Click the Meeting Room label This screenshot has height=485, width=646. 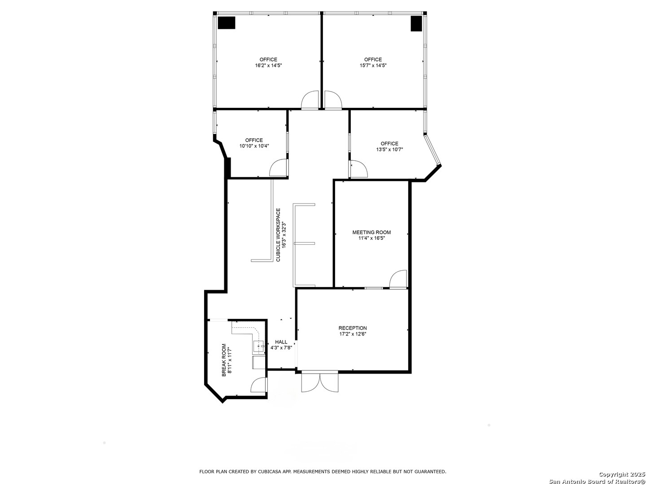pyautogui.click(x=371, y=232)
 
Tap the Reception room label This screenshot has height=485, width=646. pyautogui.click(x=353, y=328)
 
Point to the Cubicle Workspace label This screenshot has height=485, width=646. pyautogui.click(x=278, y=235)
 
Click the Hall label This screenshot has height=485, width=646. pyautogui.click(x=281, y=342)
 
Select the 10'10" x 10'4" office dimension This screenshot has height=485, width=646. pyautogui.click(x=254, y=146)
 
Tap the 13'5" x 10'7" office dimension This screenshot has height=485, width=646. pyautogui.click(x=389, y=150)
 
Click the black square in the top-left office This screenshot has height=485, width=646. pyautogui.click(x=227, y=23)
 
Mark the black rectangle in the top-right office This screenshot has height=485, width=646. pyautogui.click(x=416, y=24)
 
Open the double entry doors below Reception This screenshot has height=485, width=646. pyautogui.click(x=320, y=382)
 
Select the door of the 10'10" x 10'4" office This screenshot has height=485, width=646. pyautogui.click(x=278, y=168)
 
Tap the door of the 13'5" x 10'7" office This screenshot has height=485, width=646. pyautogui.click(x=358, y=169)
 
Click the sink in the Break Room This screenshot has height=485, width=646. pyautogui.click(x=259, y=347)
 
